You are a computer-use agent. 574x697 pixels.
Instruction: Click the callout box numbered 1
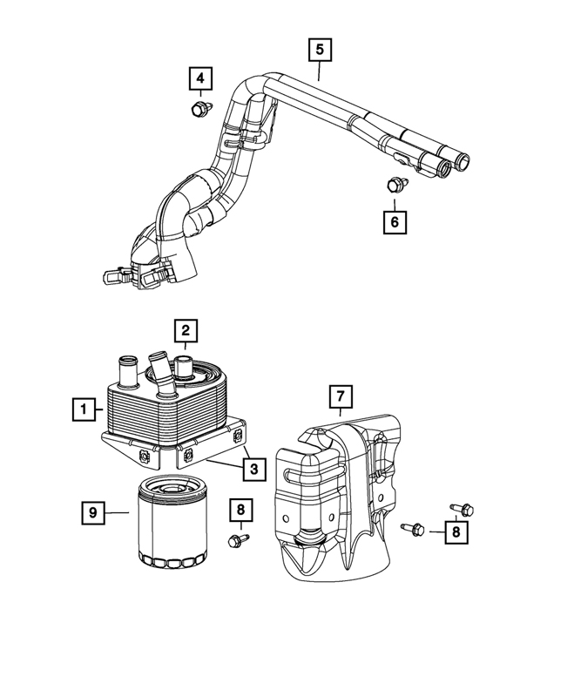point(84,409)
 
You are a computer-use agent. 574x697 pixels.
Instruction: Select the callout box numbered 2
point(186,330)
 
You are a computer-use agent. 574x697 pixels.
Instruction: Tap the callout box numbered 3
point(254,469)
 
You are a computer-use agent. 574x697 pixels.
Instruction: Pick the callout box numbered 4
point(200,78)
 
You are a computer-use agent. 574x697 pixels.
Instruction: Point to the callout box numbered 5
point(321,50)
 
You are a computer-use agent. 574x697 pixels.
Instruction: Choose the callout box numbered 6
point(395,222)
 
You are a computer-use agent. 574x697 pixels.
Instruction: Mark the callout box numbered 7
point(341,396)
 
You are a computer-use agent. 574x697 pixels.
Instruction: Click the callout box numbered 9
point(93,513)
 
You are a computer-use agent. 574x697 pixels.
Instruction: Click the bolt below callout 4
point(201,108)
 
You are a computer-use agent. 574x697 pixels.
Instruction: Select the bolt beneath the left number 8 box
point(238,540)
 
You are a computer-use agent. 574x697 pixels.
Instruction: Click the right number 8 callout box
point(456,532)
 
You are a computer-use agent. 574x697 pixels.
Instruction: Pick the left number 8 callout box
point(241,510)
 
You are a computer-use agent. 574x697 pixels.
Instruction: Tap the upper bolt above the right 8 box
point(462,509)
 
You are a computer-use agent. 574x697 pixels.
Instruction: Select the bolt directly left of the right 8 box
point(413,529)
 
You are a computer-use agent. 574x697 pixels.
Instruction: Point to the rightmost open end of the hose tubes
point(462,160)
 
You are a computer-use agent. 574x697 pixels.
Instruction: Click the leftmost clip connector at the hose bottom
point(115,277)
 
